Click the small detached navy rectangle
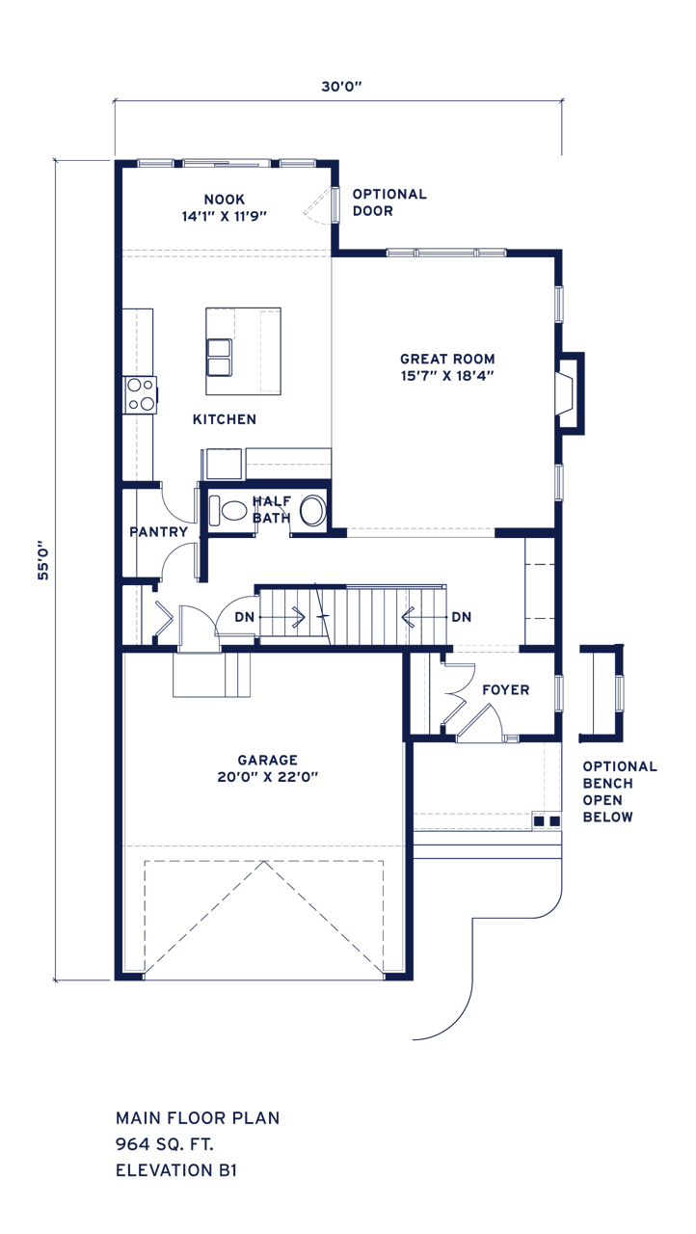point(198,1143)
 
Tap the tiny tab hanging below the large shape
point(429,1035)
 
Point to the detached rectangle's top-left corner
point(116,1111)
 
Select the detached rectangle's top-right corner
point(280,1111)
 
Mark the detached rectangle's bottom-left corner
point(116,1177)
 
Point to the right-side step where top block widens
point(565,343)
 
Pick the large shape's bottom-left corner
point(52,983)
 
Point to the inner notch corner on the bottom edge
point(355,983)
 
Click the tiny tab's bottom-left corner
point(412,1041)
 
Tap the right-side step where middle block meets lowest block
point(625,686)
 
